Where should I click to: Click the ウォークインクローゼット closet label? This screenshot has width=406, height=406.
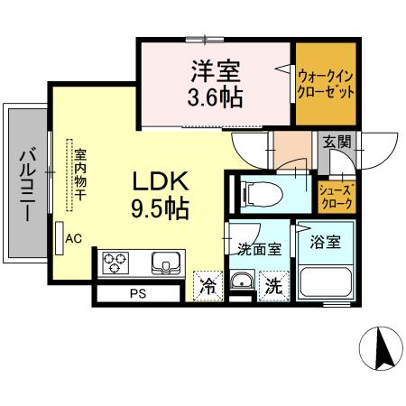(x=325, y=84)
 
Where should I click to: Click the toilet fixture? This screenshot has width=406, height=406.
(x=254, y=191)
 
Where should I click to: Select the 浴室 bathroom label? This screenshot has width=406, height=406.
(x=323, y=243)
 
